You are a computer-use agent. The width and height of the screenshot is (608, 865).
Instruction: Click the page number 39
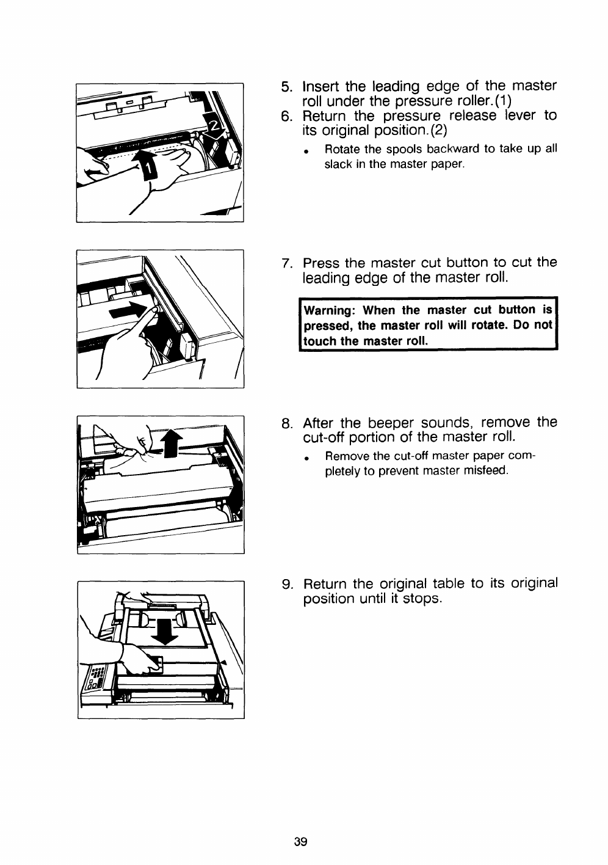pyautogui.click(x=300, y=842)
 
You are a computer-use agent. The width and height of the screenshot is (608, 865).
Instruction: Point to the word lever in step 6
pyautogui.click(x=518, y=116)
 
